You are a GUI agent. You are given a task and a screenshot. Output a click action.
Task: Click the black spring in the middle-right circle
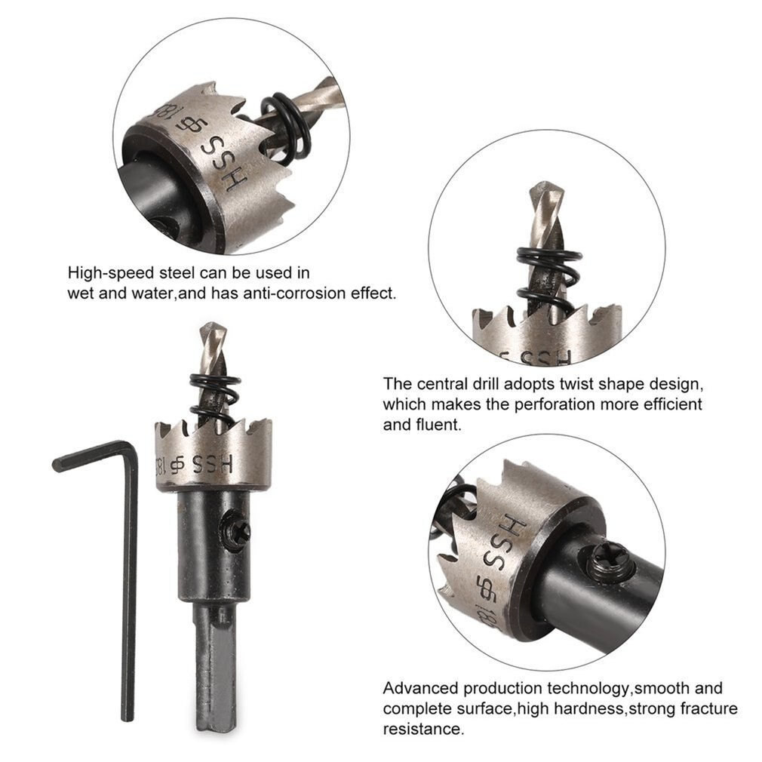pyautogui.click(x=540, y=275)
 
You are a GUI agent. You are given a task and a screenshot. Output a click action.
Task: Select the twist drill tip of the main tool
pyautogui.click(x=210, y=339)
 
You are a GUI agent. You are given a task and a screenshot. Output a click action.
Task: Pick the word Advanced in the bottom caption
pyautogui.click(x=419, y=688)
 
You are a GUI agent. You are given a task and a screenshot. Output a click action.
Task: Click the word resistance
pyautogui.click(x=422, y=729)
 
